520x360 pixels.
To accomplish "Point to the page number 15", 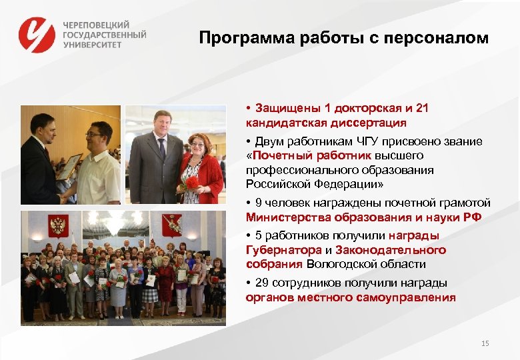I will [x=485, y=343].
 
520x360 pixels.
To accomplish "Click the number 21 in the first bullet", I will [x=421, y=109].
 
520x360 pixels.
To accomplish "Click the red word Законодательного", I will [x=391, y=250].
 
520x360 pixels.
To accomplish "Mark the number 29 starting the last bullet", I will [x=261, y=283].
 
